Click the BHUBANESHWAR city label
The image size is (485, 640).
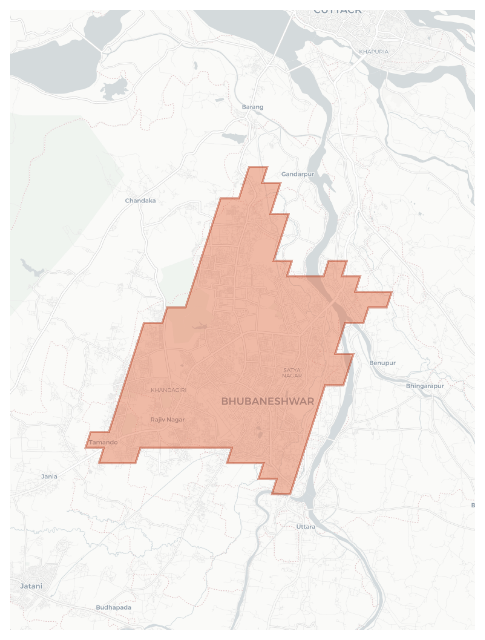tap(267, 401)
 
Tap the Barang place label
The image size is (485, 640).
tap(252, 107)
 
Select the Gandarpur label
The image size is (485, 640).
tap(297, 174)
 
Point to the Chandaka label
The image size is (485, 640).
tap(140, 200)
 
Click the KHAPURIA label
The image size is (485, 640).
tap(373, 52)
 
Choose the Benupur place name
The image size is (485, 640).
tap(382, 363)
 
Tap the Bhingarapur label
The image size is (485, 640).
tap(425, 386)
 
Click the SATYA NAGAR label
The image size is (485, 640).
tap(292, 373)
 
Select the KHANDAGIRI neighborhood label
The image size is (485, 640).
tap(169, 390)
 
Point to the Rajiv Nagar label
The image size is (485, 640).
tap(168, 420)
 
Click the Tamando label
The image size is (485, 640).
tap(103, 442)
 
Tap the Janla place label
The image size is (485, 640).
tap(49, 476)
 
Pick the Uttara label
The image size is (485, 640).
tap(306, 527)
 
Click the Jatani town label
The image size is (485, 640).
tap(31, 586)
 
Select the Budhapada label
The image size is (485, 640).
tap(114, 607)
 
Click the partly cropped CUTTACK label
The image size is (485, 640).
tap(337, 11)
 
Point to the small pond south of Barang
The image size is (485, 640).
tap(235, 138)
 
